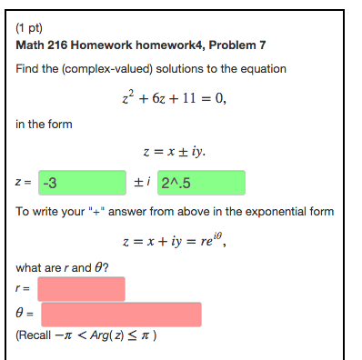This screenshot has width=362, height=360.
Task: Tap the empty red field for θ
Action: pyautogui.click(x=121, y=315)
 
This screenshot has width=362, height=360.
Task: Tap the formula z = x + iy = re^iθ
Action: pyautogui.click(x=180, y=242)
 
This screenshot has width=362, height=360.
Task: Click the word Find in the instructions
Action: pyautogui.click(x=28, y=69)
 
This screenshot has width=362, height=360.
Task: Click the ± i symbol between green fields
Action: pyautogui.click(x=141, y=182)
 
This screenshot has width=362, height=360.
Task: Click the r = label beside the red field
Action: pyautogui.click(x=23, y=289)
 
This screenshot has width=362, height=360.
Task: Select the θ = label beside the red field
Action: pyautogui.click(x=25, y=315)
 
